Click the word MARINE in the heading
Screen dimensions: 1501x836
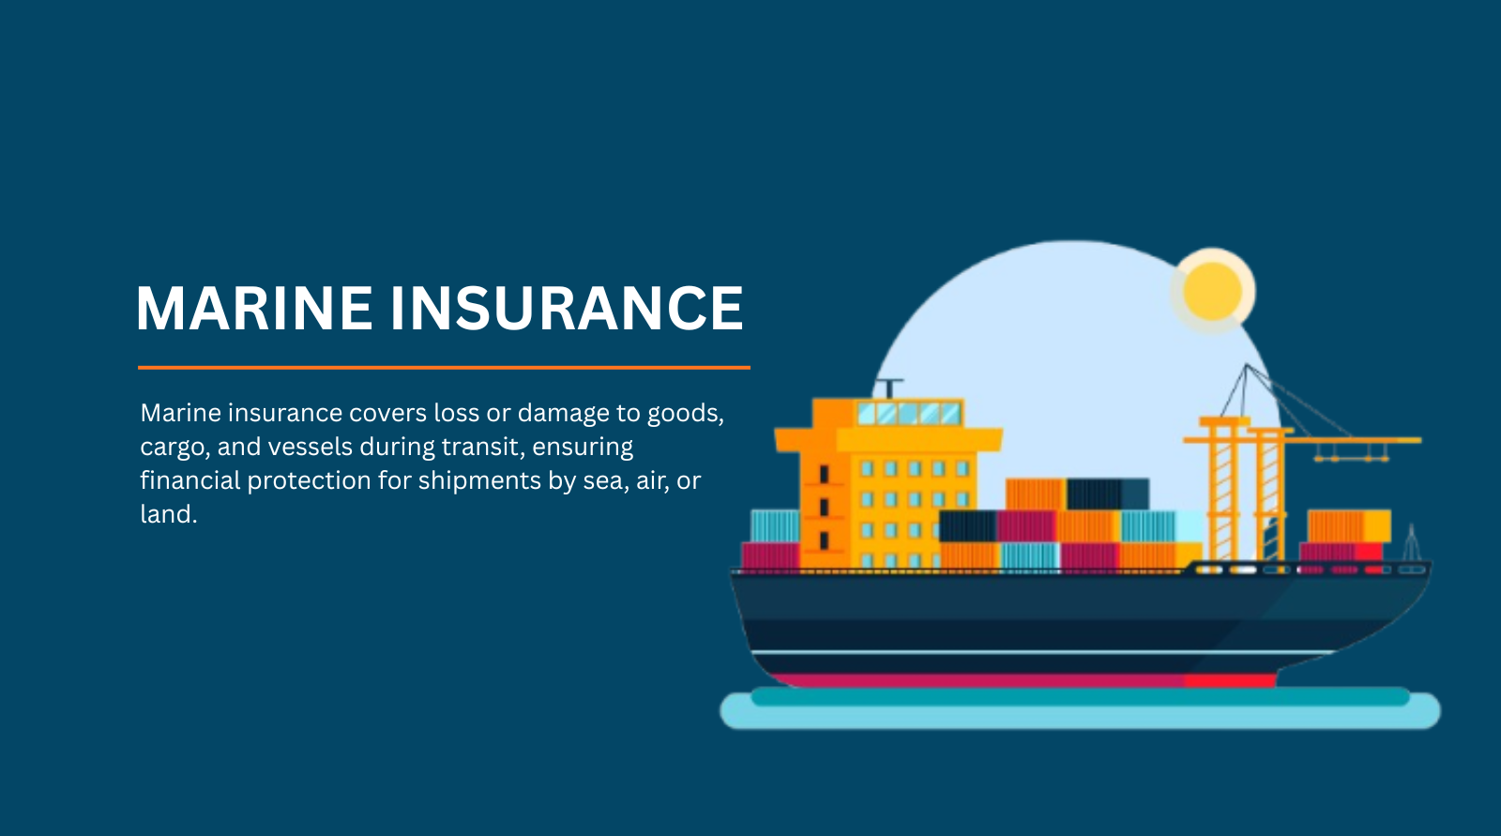[x=254, y=308]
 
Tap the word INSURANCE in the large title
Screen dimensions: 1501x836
[x=567, y=308]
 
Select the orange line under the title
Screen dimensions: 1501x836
[x=444, y=368]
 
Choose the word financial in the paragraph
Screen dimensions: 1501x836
[x=190, y=480]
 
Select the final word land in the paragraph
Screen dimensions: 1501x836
[x=169, y=514]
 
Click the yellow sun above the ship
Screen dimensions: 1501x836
[x=1212, y=291]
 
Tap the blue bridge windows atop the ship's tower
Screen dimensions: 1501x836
[x=910, y=412]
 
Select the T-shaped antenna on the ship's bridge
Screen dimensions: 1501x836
[x=890, y=388]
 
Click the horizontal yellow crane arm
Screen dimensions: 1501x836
[x=1302, y=440]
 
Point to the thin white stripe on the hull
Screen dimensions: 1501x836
[x=1042, y=652]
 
